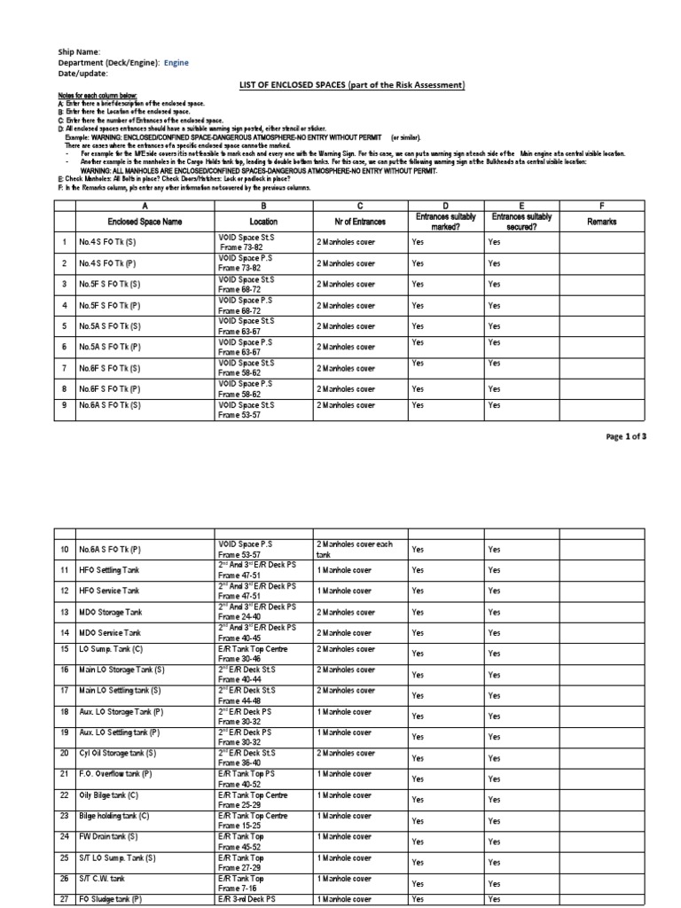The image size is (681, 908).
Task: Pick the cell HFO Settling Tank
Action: pos(112,570)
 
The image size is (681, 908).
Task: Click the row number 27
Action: pos(64,899)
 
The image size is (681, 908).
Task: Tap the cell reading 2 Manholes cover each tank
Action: pos(354,549)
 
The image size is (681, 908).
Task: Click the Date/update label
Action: pos(82,74)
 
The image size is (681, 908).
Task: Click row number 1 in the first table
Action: pos(64,241)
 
